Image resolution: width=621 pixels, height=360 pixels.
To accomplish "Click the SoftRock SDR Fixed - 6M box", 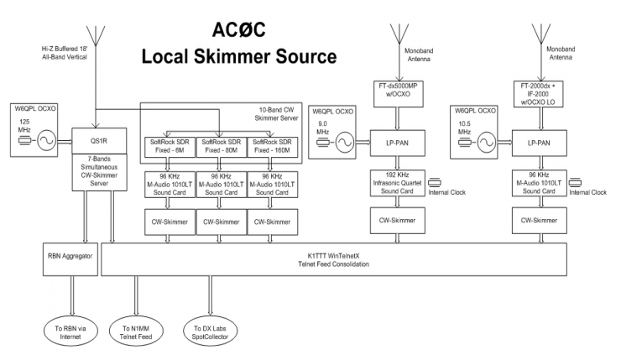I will pos(168,146).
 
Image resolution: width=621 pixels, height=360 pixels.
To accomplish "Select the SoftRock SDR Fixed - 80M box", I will pos(219,146).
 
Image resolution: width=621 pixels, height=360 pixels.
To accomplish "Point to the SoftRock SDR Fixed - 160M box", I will pos(271,146).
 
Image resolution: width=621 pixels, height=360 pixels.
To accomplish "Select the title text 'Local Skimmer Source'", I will pos(239,57).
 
